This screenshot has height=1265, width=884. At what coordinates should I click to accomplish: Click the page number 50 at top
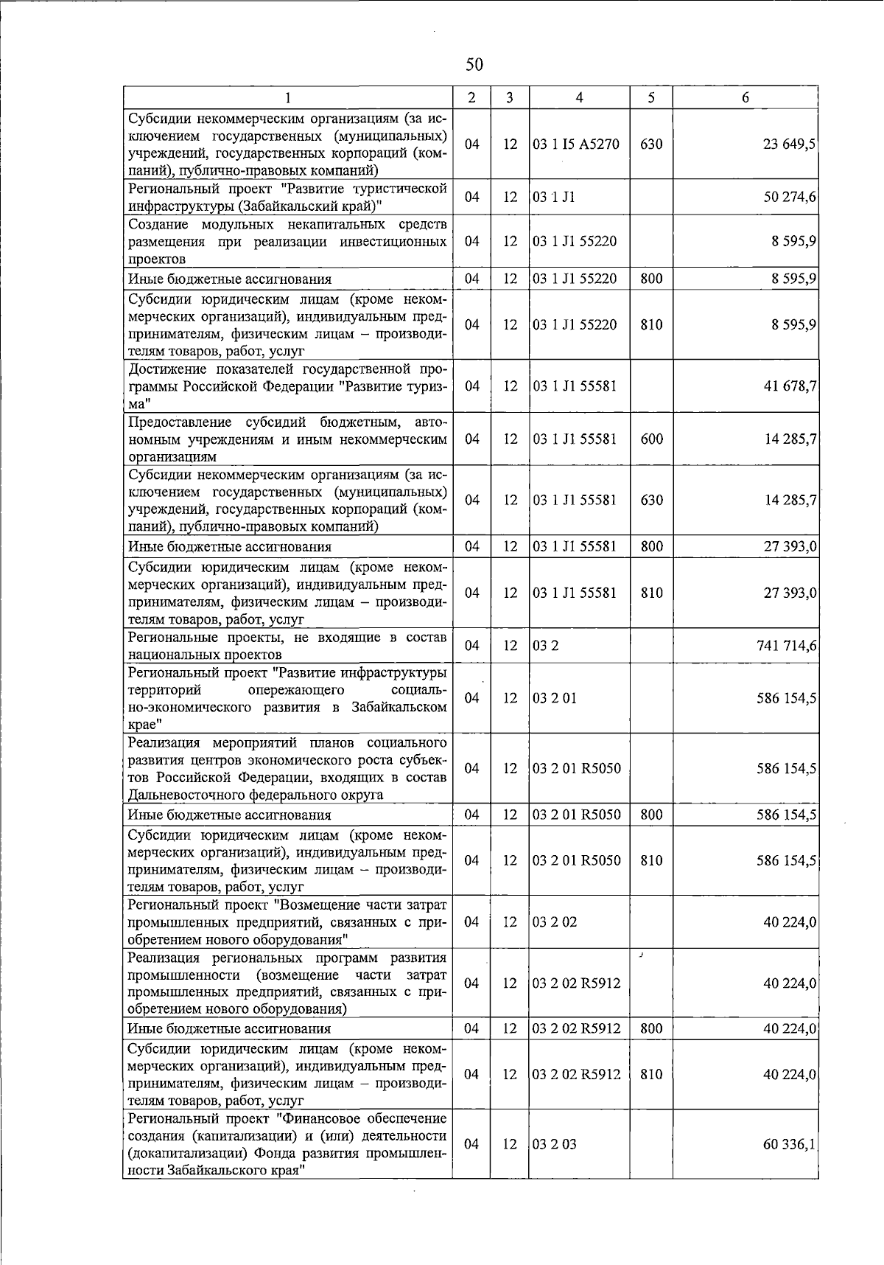click(x=474, y=66)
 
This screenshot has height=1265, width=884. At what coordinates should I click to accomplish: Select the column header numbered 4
click(x=579, y=98)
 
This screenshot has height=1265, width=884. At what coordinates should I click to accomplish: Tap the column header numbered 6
click(x=745, y=98)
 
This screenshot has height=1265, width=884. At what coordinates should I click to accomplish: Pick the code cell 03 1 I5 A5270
click(x=576, y=144)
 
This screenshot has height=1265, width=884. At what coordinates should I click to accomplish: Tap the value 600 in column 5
click(x=651, y=439)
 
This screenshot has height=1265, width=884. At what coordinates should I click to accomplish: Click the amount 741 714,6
click(x=786, y=646)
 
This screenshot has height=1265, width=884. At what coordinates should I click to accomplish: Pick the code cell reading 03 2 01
click(x=555, y=698)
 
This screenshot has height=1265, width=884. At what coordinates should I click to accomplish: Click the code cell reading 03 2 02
click(x=555, y=922)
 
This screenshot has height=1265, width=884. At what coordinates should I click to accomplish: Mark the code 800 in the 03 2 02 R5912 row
click(x=651, y=1028)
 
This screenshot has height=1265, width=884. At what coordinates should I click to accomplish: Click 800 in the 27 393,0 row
click(x=651, y=546)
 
